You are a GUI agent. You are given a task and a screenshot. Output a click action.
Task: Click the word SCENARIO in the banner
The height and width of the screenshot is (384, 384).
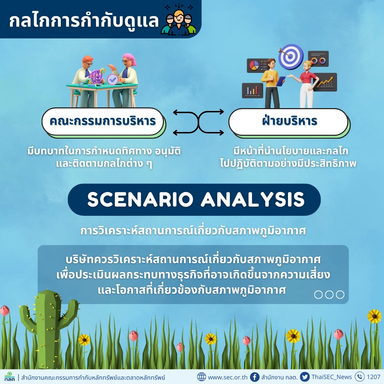[140, 199]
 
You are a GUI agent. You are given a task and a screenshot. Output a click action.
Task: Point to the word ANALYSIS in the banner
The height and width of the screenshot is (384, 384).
[253, 199]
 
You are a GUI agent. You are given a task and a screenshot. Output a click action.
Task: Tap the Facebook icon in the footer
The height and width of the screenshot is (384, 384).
[255, 377]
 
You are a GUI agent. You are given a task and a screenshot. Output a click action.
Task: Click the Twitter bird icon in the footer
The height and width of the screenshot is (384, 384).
[305, 377]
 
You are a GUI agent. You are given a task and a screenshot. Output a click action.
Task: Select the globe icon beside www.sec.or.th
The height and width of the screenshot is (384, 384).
[202, 377]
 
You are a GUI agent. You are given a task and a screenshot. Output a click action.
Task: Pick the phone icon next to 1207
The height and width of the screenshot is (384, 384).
[359, 377]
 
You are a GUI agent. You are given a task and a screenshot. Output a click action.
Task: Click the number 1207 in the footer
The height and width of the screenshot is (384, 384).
[373, 377]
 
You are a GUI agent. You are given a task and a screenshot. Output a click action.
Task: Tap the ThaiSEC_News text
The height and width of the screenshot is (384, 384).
[332, 377]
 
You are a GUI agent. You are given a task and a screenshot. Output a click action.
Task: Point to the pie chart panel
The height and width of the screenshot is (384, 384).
[257, 66]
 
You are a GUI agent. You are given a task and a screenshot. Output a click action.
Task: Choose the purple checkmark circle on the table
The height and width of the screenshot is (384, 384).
[113, 79]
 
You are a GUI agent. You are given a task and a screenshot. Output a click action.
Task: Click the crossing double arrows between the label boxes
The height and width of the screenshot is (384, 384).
[198, 122]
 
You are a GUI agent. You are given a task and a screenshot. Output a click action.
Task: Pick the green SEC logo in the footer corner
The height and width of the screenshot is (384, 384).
[9, 377]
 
